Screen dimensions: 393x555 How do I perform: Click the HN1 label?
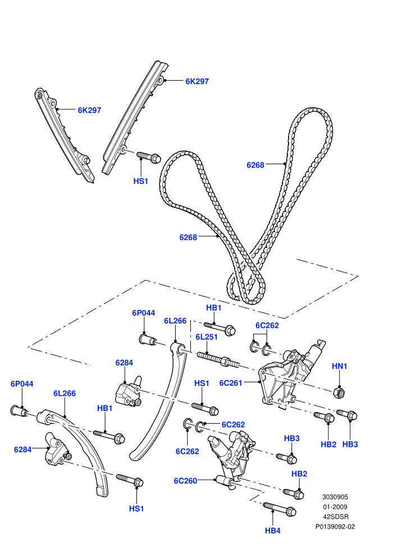pos(339,366)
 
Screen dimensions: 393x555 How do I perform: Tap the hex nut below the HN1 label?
pos(340,392)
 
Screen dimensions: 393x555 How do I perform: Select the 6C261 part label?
pos(230,383)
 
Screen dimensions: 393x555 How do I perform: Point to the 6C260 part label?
pos(185,480)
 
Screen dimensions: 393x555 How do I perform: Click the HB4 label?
pos(272,530)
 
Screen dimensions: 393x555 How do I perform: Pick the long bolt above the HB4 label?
pos(280,508)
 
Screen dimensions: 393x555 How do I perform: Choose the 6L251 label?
pos(206,336)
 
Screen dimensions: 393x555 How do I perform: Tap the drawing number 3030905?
pos(335,497)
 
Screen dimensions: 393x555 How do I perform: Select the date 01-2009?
pos(335,507)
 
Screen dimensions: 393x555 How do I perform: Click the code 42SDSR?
pos(335,516)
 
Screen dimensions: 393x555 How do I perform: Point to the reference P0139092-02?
pos(335,526)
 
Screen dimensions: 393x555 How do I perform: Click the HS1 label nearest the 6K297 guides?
pos(140,181)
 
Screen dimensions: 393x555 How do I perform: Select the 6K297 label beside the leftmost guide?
pos(89,110)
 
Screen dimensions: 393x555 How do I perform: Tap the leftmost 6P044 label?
pos(22,383)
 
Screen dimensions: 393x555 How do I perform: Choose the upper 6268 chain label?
pos(255,165)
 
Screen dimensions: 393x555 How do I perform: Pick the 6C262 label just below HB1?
pos(267,325)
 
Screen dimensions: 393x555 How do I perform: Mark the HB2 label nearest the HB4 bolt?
pos(299,474)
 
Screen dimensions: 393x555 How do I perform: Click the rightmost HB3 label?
pos(350,444)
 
